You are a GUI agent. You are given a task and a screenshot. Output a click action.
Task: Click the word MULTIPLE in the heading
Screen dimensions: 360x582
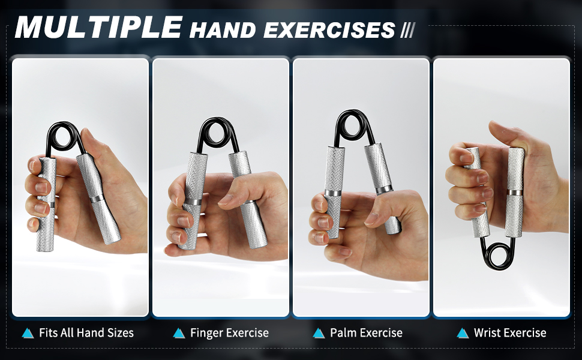(98, 28)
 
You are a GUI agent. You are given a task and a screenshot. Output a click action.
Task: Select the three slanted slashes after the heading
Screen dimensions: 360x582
(407, 30)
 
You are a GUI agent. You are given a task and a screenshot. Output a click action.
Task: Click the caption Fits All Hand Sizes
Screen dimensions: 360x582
(86, 332)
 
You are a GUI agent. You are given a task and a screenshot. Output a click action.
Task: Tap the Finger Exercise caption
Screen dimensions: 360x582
(229, 332)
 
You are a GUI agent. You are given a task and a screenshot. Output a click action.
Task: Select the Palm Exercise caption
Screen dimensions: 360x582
(366, 332)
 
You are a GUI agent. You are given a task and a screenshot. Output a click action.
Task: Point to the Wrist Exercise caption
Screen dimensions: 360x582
(510, 332)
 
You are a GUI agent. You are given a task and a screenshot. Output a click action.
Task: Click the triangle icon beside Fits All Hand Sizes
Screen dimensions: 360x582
(28, 333)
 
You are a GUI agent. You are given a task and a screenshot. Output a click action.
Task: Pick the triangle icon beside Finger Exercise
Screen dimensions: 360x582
(178, 333)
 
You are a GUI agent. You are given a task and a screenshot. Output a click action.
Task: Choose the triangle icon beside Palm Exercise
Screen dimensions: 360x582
(319, 333)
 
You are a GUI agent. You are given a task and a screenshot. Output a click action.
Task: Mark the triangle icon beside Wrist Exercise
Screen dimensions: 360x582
(463, 333)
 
